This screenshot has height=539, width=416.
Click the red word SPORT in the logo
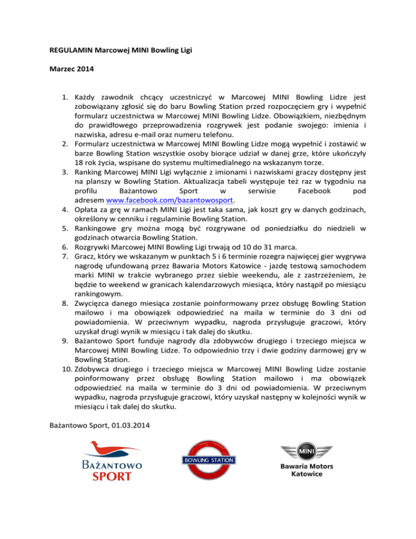coord(112,477)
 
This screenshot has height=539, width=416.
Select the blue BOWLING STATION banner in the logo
coord(208,460)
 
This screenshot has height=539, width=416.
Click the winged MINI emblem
coord(306,452)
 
